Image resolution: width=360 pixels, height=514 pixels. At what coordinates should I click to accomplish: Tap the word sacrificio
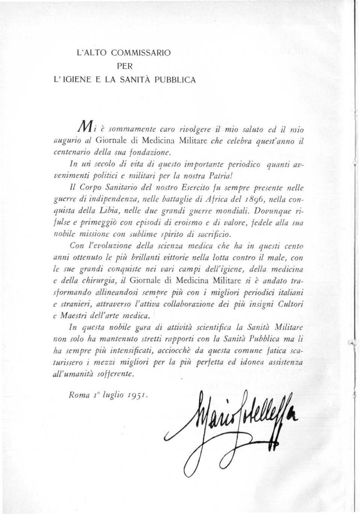click(215, 236)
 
